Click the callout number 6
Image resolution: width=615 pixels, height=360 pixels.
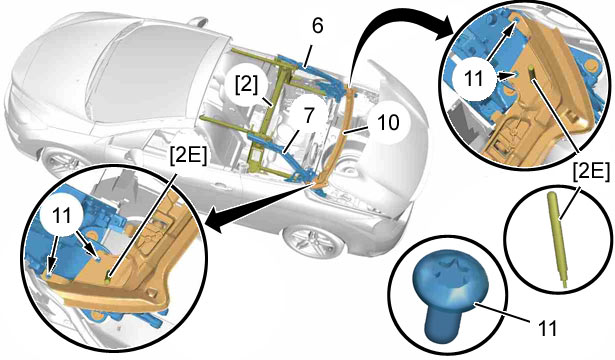coord(317,26)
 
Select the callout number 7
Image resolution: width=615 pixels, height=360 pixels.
coord(309,116)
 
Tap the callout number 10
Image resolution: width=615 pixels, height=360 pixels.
coord(387,122)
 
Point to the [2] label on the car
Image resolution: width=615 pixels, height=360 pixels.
coord(247,85)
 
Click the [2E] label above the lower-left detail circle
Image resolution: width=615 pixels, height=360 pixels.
coord(188,156)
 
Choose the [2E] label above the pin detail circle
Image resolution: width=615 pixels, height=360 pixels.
coord(591,172)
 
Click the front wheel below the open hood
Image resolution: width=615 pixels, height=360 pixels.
coord(312,239)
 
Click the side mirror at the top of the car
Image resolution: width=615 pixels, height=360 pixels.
coord(199,22)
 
